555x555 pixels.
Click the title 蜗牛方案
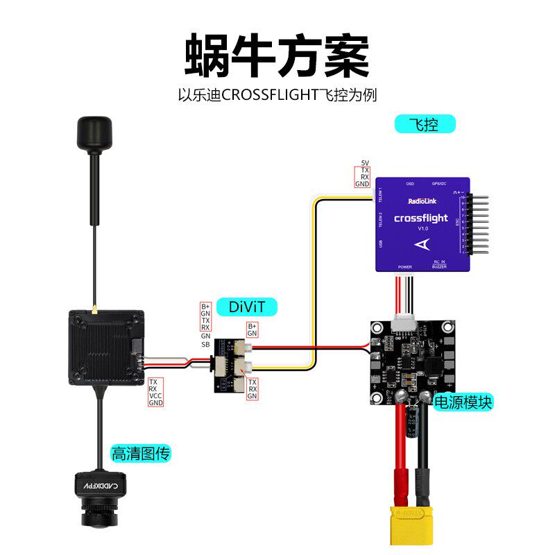(x=277, y=55)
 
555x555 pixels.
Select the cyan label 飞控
(x=425, y=125)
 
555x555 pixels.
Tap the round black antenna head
(x=92, y=135)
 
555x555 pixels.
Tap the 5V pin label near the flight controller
(x=365, y=163)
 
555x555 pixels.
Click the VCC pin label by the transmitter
(x=155, y=395)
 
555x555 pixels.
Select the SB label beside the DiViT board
(x=205, y=345)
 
